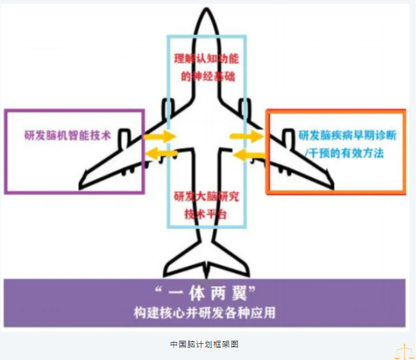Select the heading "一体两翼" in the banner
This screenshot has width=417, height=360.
pyautogui.click(x=207, y=295)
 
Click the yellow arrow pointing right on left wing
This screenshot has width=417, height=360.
pyautogui.click(x=160, y=137)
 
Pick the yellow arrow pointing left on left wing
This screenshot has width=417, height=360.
pyautogui.click(x=160, y=153)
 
